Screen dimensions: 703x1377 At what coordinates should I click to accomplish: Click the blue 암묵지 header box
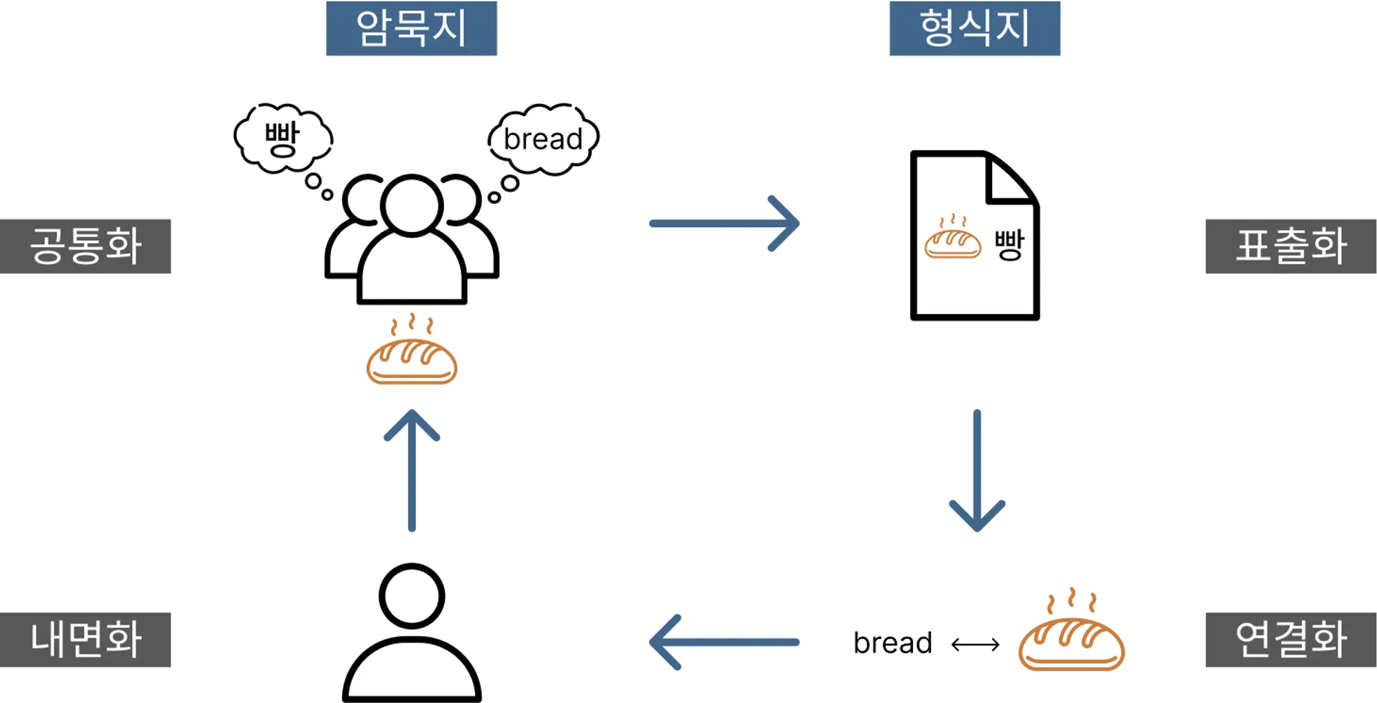411,28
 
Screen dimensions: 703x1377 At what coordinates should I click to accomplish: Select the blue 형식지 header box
974,28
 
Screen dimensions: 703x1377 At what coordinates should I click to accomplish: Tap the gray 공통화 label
85,246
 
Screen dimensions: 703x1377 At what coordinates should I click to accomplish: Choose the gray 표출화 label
1290,246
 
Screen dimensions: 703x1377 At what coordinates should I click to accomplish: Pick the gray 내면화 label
85,640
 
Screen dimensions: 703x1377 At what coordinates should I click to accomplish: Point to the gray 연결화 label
1290,640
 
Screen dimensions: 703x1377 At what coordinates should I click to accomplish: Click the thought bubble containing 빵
283,138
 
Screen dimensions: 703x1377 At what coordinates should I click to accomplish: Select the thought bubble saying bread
543,138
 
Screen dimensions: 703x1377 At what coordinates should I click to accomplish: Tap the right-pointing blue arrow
724,223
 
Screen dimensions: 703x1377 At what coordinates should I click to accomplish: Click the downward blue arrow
977,471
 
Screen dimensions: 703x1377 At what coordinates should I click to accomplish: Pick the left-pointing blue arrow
724,642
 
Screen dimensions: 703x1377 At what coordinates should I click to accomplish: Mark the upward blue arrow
412,471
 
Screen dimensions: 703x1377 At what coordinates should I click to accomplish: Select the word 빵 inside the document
1009,244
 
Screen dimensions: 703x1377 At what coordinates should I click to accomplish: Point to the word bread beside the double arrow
892,643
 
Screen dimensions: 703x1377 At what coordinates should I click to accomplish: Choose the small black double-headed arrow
975,644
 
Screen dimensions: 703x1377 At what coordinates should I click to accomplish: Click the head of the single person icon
412,596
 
